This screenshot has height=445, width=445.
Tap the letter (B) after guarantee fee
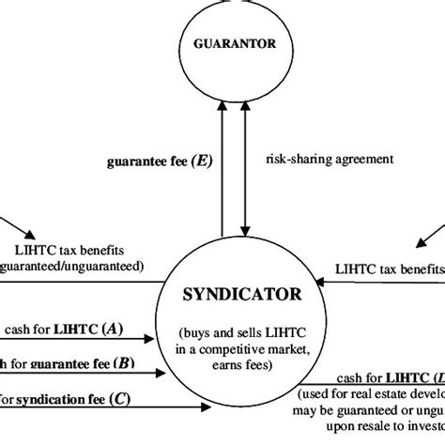123,362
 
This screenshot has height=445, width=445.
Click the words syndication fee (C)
66,396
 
